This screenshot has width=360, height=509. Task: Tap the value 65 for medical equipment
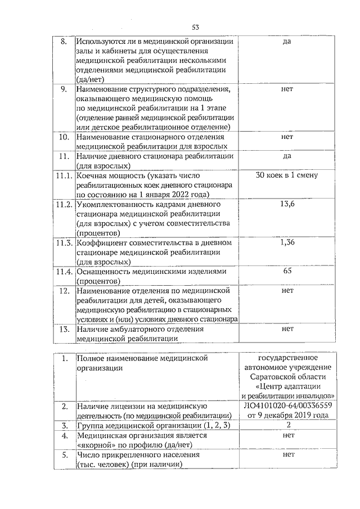287,271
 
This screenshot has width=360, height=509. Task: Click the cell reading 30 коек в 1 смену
287,175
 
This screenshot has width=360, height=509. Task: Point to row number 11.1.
64,175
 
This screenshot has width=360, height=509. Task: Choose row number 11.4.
64,271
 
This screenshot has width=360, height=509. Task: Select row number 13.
64,328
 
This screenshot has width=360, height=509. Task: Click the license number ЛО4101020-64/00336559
287,405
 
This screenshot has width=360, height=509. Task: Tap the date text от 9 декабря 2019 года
287,415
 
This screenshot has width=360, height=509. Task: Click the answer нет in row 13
287,328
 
